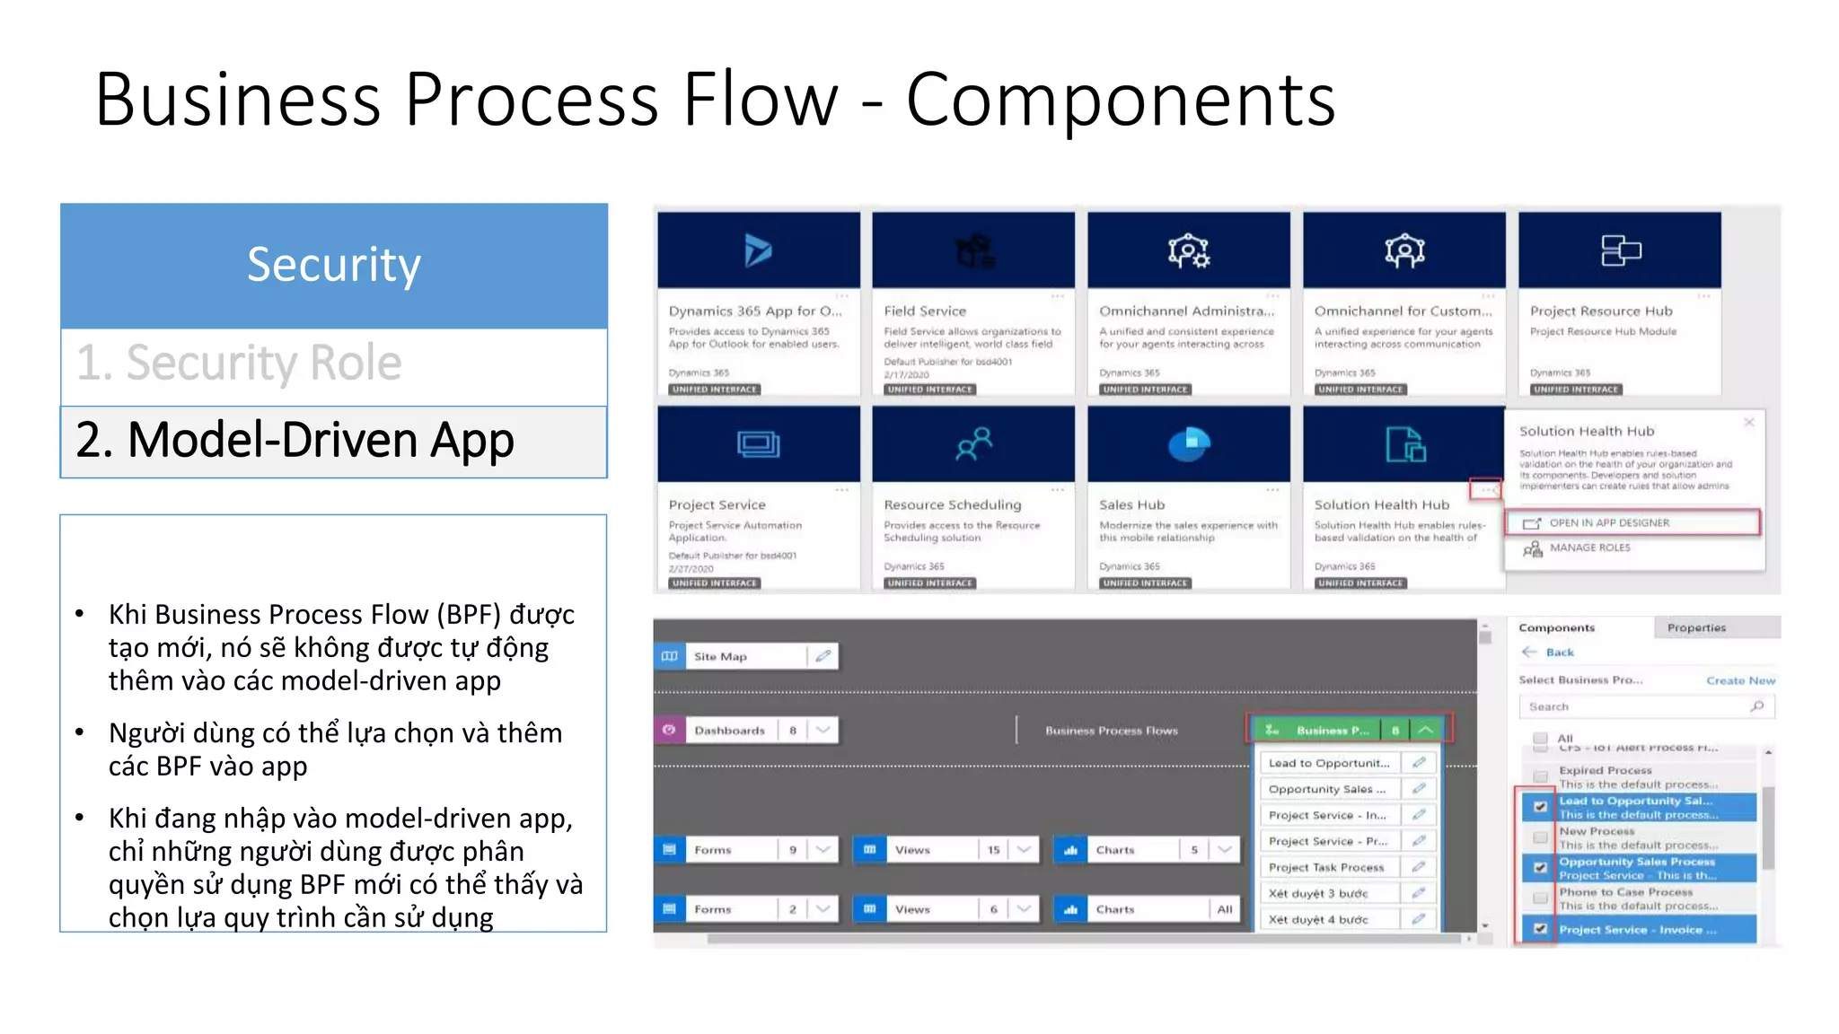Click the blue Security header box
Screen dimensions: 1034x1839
(x=333, y=266)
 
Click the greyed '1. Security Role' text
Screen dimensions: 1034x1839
(x=239, y=364)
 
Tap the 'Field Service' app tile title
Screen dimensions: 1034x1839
(x=924, y=311)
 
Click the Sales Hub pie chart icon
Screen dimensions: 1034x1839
(x=1188, y=443)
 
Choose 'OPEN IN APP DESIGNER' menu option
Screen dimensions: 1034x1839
(x=1608, y=522)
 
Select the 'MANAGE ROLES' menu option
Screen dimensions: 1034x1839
(x=1588, y=548)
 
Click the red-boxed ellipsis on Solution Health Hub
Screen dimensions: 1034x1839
(x=1485, y=489)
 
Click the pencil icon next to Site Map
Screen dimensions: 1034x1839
(x=823, y=656)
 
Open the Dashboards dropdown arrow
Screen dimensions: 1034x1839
(x=823, y=730)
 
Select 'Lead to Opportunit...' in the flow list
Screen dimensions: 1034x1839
(x=1328, y=763)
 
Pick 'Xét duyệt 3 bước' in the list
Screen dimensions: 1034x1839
(x=1317, y=893)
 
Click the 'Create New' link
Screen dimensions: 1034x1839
(x=1739, y=680)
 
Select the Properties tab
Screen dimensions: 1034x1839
(x=1695, y=627)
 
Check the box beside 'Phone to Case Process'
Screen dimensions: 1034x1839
(x=1540, y=898)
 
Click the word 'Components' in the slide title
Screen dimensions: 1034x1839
(x=1120, y=100)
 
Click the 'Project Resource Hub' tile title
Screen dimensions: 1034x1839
(x=1600, y=311)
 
